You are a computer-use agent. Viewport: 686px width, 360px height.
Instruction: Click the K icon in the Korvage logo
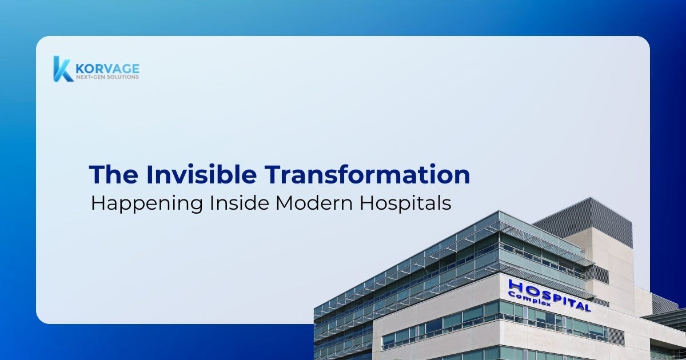pos(62,69)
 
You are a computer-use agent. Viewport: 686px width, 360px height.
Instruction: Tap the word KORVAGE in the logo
pos(107,69)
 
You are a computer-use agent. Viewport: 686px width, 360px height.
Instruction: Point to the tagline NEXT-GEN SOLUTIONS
pos(107,77)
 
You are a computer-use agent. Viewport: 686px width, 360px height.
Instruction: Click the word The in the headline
pos(113,174)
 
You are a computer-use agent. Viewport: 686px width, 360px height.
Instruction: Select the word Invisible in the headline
pos(201,174)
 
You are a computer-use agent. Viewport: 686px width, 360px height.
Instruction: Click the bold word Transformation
pos(367,174)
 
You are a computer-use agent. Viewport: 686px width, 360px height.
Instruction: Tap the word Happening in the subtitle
pos(147,204)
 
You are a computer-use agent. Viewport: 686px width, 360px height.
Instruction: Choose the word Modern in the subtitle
pos(314,203)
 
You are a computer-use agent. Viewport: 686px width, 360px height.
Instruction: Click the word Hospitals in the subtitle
pos(405,204)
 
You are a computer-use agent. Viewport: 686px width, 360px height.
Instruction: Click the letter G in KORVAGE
pos(126,69)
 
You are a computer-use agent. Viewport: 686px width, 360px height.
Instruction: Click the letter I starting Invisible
pos(149,174)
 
